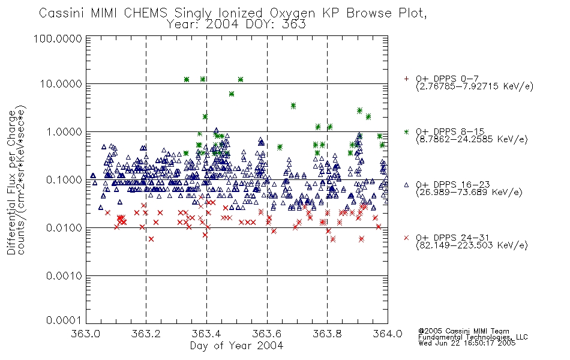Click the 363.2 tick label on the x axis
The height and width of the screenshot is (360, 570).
tap(146, 334)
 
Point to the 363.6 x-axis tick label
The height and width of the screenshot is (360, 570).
tap(267, 334)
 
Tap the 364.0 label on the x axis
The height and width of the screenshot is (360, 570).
tap(388, 334)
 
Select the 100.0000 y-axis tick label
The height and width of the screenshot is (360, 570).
tap(58, 38)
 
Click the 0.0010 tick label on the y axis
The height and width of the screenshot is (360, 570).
tap(64, 276)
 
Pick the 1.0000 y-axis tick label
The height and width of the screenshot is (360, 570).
tap(64, 132)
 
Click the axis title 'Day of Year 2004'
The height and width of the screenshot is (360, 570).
tap(236, 346)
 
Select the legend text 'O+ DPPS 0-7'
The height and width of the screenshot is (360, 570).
tap(447, 79)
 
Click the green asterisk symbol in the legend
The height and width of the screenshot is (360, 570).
tap(406, 132)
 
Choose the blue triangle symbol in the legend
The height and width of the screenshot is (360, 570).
tap(406, 185)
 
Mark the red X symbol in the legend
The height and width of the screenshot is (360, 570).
tap(406, 238)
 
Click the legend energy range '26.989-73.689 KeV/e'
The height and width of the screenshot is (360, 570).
tap(469, 193)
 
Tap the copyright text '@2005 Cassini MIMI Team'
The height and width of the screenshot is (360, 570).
tap(463, 331)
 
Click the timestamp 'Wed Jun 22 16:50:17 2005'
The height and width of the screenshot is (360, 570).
tap(467, 343)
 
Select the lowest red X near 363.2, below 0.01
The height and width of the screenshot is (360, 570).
tap(151, 239)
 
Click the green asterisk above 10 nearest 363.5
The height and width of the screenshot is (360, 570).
tap(240, 80)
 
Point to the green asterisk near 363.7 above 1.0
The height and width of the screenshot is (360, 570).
tap(293, 106)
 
